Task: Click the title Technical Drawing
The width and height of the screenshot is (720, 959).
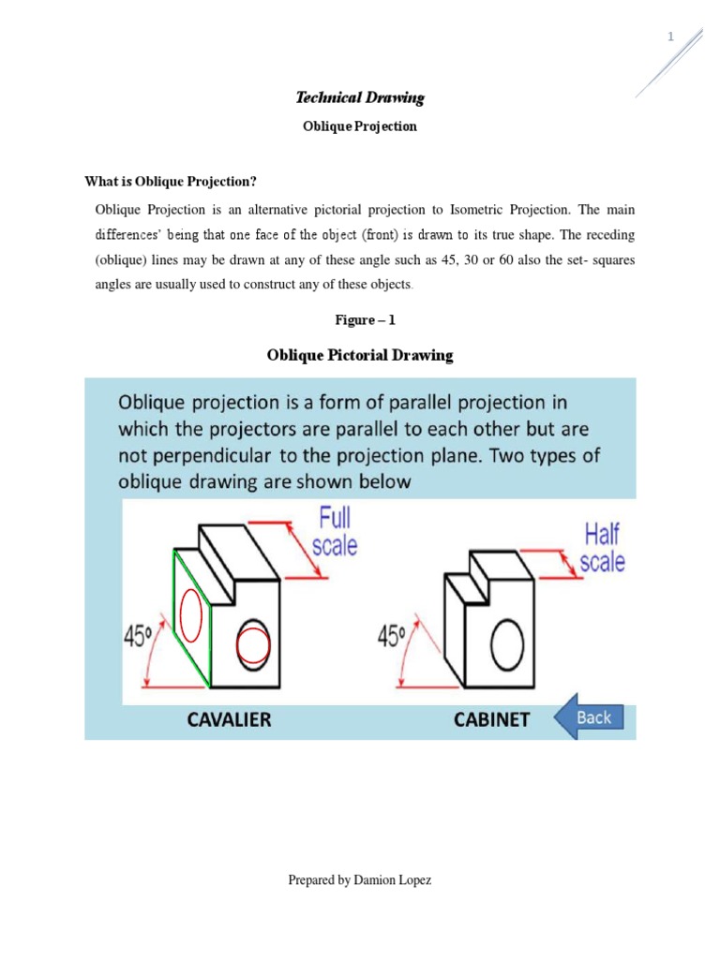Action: [x=360, y=97]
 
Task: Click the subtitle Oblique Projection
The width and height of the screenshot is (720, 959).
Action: [x=360, y=126]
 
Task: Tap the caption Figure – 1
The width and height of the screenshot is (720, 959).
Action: [x=366, y=320]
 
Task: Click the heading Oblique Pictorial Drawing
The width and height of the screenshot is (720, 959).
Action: [x=360, y=355]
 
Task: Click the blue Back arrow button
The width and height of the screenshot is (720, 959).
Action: [x=587, y=718]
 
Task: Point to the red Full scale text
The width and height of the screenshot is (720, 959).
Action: [x=337, y=530]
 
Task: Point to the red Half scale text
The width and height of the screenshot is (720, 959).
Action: [x=602, y=548]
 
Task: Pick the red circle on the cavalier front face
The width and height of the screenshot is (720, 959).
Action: [x=252, y=645]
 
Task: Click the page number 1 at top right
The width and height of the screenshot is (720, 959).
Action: [x=670, y=37]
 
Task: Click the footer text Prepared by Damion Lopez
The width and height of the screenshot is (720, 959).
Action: [x=360, y=880]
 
